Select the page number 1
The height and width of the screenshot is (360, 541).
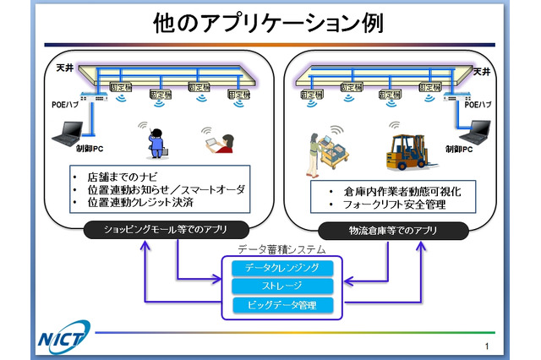[488, 346]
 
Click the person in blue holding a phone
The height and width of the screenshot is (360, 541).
[155, 140]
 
